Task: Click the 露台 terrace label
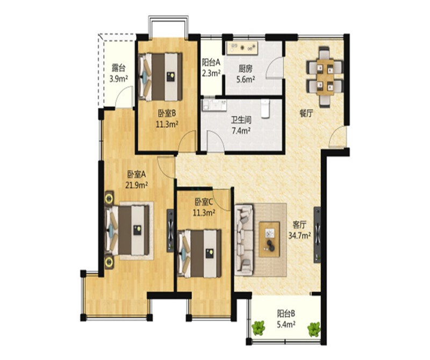(118, 68)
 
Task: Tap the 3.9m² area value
(118, 79)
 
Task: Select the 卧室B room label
(167, 113)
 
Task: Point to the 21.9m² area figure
(137, 185)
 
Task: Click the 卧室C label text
(204, 203)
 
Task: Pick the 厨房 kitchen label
(246, 69)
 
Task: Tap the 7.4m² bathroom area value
(241, 131)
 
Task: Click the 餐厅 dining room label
(306, 113)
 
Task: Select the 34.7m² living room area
(299, 235)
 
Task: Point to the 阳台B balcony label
(286, 313)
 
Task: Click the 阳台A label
(211, 63)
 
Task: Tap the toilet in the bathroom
(265, 109)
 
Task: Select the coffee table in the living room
(269, 239)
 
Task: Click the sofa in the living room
(244, 239)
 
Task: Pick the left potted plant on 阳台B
(259, 328)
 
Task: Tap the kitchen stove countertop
(241, 48)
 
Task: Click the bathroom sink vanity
(214, 105)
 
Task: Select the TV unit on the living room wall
(317, 234)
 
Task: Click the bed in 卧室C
(199, 254)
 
